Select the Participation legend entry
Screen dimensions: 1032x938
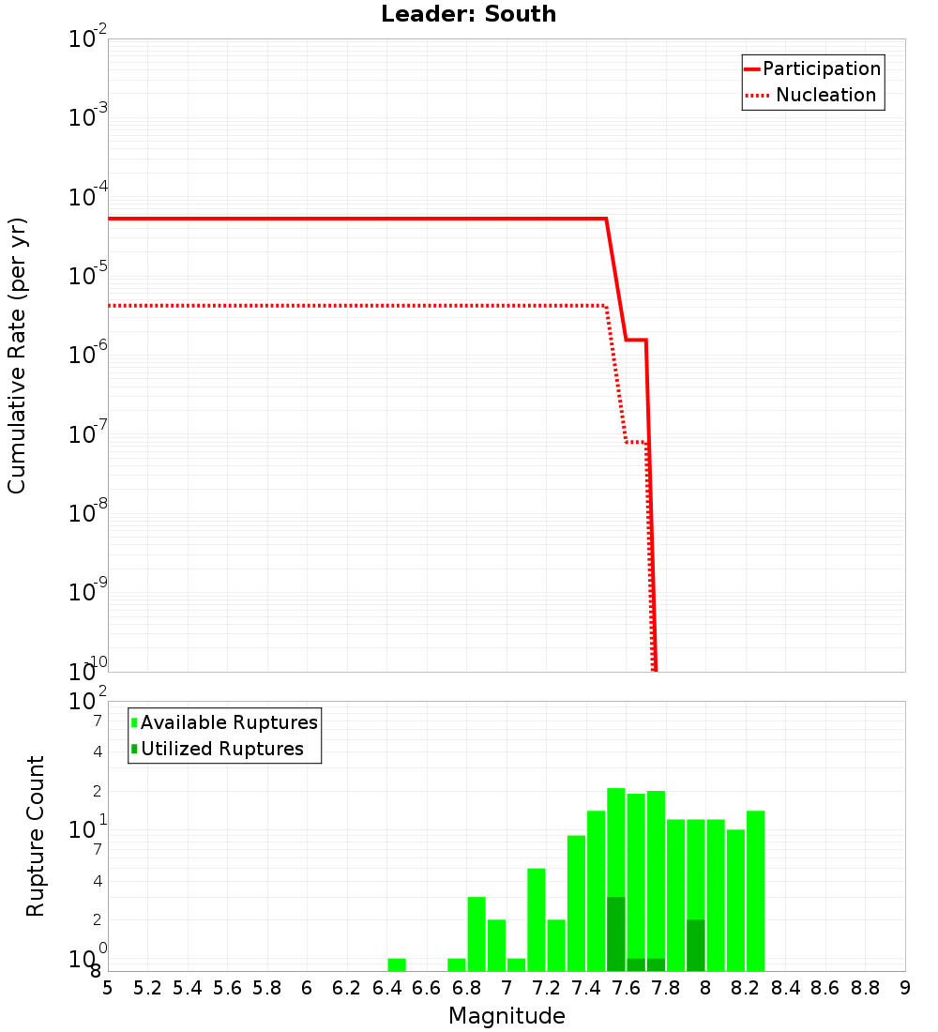point(812,69)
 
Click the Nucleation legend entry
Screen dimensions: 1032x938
point(812,96)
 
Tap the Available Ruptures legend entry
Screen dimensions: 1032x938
point(224,723)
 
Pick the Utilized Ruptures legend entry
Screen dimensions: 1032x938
point(217,750)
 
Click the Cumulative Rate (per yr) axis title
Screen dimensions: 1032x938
point(18,355)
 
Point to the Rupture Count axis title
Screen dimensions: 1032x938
point(36,836)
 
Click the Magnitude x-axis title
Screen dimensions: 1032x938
point(507,1016)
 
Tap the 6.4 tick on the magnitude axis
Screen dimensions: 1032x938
point(386,988)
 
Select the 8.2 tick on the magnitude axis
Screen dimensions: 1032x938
point(746,988)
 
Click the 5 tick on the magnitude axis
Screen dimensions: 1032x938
point(108,988)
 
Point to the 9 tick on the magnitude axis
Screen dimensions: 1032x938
point(904,988)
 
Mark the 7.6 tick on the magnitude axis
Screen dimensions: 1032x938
point(626,988)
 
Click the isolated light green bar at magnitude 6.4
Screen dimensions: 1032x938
point(397,964)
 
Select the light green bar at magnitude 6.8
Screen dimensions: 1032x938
point(477,934)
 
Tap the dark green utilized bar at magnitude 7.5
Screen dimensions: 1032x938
point(616,934)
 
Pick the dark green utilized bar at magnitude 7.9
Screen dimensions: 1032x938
point(696,946)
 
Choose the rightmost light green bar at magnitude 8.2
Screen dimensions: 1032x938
point(756,891)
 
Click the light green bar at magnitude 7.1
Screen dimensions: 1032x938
point(537,919)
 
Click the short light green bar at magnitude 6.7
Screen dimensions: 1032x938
point(457,964)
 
